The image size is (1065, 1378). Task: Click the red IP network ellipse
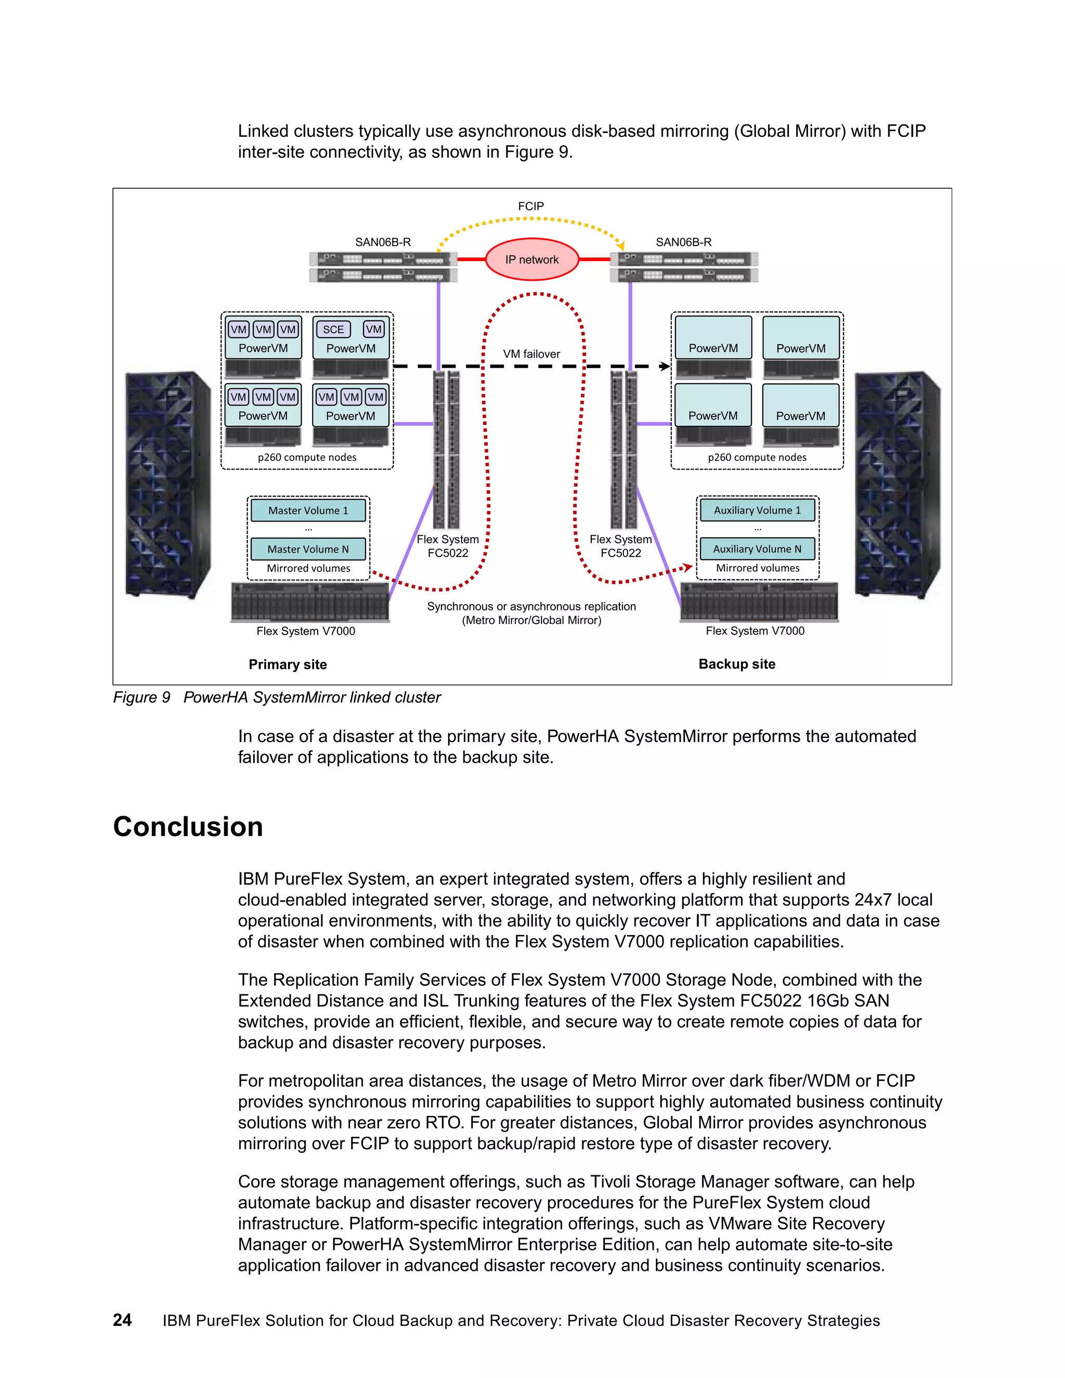531,259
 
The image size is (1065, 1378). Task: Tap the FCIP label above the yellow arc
530,206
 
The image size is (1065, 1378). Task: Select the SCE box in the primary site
333,329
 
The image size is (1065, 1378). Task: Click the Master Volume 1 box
308,511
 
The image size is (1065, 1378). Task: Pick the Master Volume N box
308,549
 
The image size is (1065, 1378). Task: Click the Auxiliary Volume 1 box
757,510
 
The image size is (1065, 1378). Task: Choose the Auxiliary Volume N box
757,549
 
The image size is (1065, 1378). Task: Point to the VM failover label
531,354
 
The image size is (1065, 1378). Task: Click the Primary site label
288,665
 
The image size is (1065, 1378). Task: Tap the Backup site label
737,664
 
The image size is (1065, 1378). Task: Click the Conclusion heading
188,827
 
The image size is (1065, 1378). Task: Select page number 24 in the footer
122,1320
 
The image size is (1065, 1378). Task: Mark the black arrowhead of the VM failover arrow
665,366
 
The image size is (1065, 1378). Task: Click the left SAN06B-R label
383,242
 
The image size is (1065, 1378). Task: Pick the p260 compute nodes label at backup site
757,458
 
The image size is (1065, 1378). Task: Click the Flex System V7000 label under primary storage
306,631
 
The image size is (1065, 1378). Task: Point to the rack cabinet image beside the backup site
897,485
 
